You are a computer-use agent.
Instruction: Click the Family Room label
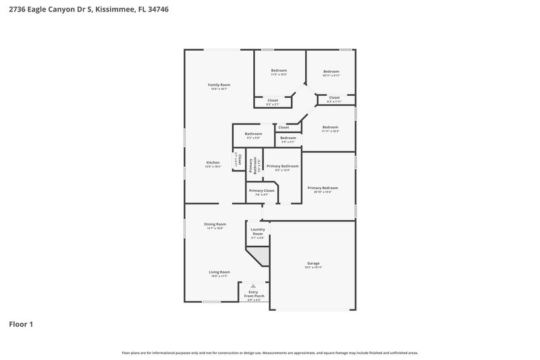pyautogui.click(x=219, y=84)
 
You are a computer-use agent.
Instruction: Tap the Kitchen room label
pyautogui.click(x=213, y=163)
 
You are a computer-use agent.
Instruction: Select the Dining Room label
pyautogui.click(x=215, y=224)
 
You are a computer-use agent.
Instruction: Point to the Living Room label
pyautogui.click(x=219, y=272)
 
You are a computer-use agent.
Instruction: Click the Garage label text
pyautogui.click(x=313, y=263)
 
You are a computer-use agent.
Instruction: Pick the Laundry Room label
pyautogui.click(x=258, y=232)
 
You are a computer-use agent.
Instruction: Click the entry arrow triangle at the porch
pyautogui.click(x=254, y=286)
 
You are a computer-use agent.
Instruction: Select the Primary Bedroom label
pyautogui.click(x=323, y=188)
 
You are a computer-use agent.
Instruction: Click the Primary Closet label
pyautogui.click(x=261, y=190)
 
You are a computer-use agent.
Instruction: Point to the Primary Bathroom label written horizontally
pyautogui.click(x=282, y=166)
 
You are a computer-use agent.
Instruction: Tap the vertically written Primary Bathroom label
pyautogui.click(x=252, y=167)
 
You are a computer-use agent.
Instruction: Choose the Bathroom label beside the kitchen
pyautogui.click(x=253, y=134)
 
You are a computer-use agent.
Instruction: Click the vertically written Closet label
pyautogui.click(x=238, y=161)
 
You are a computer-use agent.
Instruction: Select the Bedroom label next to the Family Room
pyautogui.click(x=279, y=71)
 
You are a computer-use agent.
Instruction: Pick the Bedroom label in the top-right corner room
pyautogui.click(x=330, y=72)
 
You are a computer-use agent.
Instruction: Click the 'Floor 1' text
pyautogui.click(x=21, y=324)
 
